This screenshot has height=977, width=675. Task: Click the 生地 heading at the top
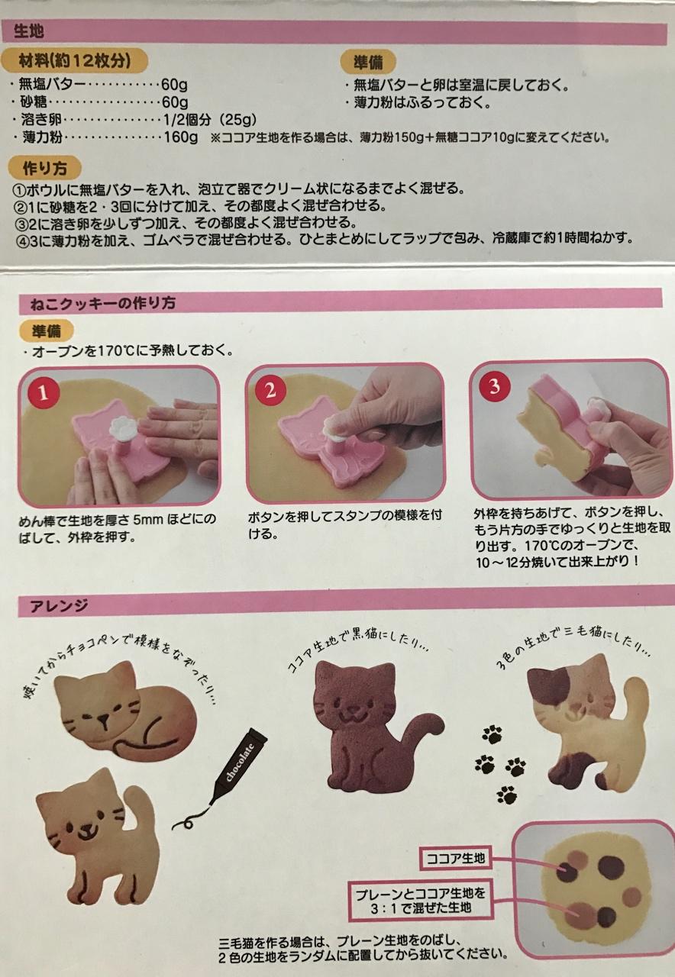tap(29, 31)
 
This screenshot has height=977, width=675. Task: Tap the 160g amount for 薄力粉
tap(181, 137)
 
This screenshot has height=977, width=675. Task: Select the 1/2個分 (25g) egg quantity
tap(209, 119)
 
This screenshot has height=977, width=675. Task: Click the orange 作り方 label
tap(44, 169)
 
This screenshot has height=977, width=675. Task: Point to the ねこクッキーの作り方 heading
tap(103, 303)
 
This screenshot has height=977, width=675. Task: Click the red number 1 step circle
tap(44, 393)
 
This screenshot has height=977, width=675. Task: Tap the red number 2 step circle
tap(270, 389)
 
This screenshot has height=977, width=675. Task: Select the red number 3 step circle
tap(494, 385)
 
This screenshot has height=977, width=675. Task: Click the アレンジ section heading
tap(59, 605)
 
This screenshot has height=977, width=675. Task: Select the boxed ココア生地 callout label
tap(455, 859)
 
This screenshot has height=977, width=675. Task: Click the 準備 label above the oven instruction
tap(46, 331)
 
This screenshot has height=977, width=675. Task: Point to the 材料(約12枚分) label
tap(75, 60)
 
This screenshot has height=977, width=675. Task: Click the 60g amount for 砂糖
tap(175, 102)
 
